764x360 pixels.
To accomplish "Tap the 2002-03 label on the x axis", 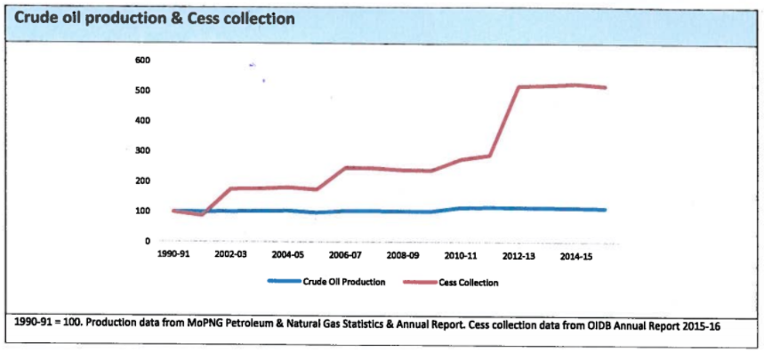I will point(231,255).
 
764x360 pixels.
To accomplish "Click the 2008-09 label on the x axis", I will point(403,255).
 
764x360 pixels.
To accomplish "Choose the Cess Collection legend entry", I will point(467,282).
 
